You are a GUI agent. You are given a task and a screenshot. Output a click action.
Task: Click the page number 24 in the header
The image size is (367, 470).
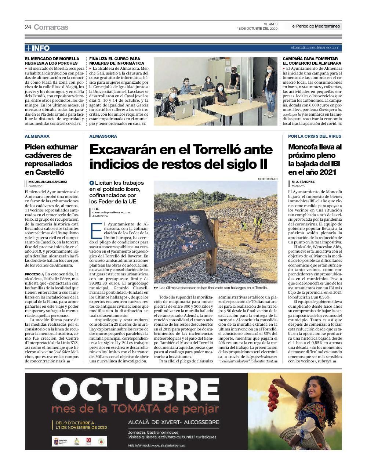click(28, 27)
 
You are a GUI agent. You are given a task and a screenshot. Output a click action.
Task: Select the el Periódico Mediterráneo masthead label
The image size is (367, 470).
click(316, 26)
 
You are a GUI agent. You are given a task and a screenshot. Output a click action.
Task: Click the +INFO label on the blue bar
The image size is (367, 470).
click(37, 48)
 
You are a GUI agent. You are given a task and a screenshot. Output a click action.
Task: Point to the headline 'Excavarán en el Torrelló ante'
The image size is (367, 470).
click(181, 150)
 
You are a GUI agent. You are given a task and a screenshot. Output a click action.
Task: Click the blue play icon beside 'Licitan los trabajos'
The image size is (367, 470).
click(92, 182)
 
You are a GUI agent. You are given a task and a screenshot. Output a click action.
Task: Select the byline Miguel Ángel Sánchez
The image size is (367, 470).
click(48, 181)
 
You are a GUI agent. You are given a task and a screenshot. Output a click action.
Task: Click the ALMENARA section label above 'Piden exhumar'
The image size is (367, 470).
click(37, 136)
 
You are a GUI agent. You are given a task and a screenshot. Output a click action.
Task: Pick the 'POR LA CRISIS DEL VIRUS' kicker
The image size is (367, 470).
click(315, 136)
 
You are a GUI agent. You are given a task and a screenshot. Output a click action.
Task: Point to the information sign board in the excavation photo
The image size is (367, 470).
click(183, 242)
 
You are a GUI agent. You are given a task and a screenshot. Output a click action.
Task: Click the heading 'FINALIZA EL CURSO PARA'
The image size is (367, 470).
click(115, 59)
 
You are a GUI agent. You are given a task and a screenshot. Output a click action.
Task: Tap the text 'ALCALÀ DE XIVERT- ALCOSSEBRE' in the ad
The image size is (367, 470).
click(173, 422)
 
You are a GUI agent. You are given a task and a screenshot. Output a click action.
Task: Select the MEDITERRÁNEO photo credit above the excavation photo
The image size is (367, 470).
click(268, 179)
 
